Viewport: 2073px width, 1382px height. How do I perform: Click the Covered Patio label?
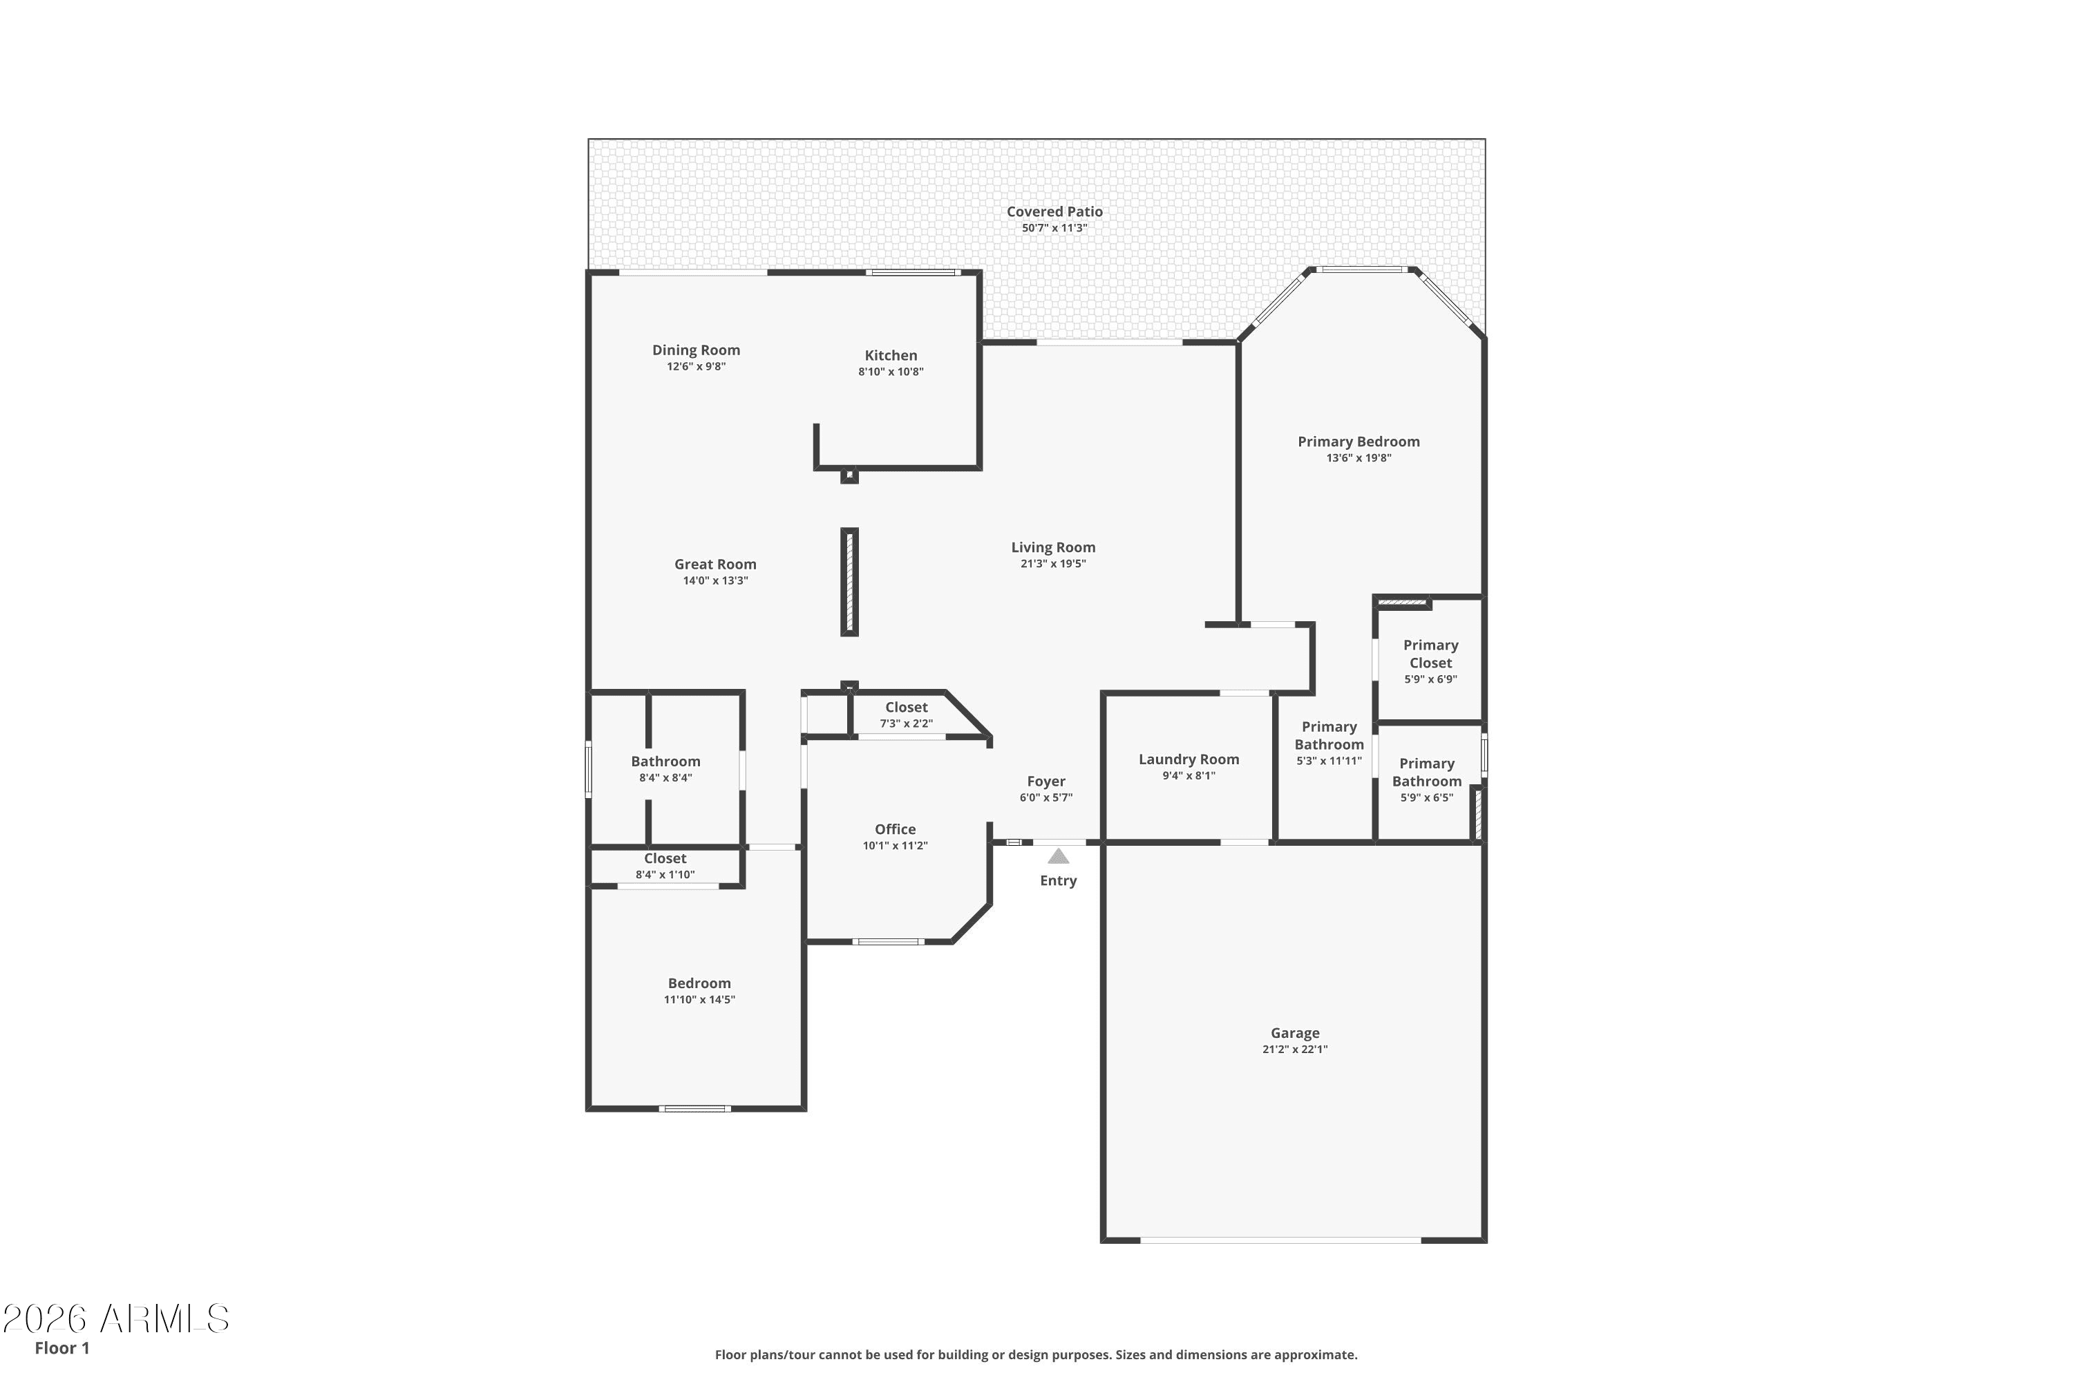[1054, 211]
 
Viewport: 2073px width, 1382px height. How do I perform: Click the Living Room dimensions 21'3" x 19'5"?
[1053, 564]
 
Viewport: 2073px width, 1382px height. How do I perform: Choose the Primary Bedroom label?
[1359, 442]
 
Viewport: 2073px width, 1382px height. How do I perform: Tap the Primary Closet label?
[1430, 654]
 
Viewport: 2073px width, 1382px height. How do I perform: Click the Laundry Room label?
[1189, 759]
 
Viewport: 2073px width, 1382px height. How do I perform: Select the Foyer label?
[1046, 782]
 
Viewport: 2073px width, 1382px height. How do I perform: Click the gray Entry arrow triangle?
[1059, 857]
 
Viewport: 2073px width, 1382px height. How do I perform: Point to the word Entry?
[1059, 880]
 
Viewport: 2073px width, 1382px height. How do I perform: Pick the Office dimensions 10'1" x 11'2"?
[895, 846]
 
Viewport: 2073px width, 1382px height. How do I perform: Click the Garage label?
[1295, 1033]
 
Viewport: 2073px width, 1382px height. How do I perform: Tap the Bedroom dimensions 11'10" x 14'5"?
[699, 999]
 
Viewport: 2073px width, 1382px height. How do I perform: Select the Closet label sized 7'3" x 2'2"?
[906, 708]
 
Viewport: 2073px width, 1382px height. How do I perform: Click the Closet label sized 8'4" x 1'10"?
[665, 858]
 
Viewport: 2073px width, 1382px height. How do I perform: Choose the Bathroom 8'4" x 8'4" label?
[665, 761]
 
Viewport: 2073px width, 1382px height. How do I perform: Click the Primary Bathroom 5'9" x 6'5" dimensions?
[1427, 797]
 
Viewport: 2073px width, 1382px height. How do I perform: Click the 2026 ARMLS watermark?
[115, 1318]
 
